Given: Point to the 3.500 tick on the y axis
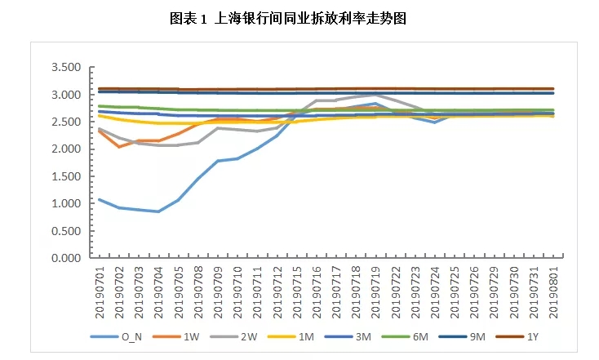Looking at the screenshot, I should coord(66,67).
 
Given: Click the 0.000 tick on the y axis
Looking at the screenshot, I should coord(66,257).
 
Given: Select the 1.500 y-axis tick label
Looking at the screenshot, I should coord(66,176).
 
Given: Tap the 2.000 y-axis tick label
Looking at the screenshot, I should coord(66,149).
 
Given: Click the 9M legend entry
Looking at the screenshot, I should coord(481,336).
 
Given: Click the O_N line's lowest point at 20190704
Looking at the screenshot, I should coord(158,211).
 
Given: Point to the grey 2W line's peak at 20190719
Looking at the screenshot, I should coord(375,96).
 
